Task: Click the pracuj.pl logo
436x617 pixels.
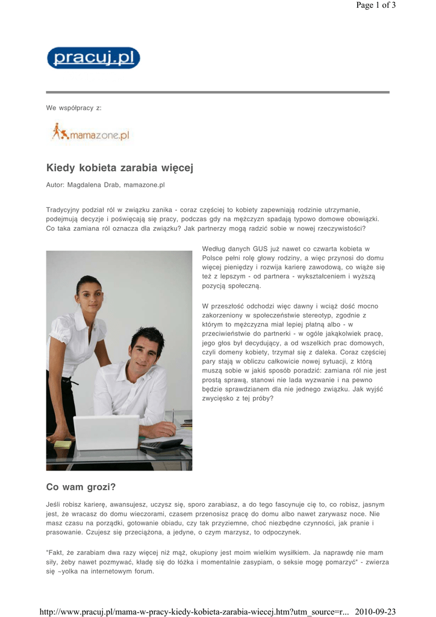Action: [93, 58]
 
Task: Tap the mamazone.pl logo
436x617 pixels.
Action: [91, 133]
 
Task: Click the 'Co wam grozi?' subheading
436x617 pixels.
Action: [81, 486]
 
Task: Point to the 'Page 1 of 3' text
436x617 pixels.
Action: [376, 5]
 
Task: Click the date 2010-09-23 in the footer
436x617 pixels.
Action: [375, 612]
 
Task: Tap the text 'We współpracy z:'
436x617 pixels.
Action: [74, 108]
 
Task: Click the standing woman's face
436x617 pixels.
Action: [89, 297]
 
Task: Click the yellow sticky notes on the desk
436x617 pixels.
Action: [63, 444]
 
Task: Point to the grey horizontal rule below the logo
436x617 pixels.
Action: [217, 92]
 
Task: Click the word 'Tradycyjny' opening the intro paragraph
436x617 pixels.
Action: [63, 210]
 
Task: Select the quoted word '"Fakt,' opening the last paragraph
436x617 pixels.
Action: [57, 553]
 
